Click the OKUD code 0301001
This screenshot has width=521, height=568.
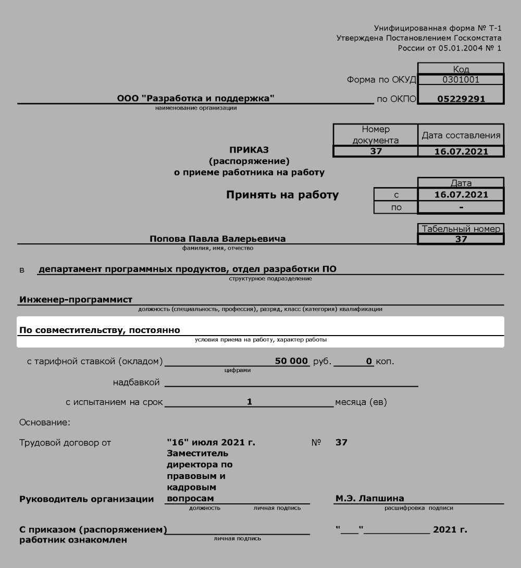point(461,80)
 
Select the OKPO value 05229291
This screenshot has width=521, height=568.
point(461,98)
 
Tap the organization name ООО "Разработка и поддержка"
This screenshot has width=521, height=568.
point(195,98)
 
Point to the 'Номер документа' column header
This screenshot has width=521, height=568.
point(375,134)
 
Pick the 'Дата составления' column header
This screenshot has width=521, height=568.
point(461,135)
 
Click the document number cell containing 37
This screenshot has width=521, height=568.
point(375,152)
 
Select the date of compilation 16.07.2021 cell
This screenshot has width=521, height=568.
point(461,152)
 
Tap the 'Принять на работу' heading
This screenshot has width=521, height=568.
point(282,195)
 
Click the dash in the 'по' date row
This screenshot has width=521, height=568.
point(461,207)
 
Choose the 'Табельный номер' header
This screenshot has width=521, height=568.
point(461,229)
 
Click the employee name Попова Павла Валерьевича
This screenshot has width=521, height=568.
point(217,239)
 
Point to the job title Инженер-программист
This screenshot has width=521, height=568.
point(76,300)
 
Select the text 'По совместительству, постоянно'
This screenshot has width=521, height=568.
point(100,330)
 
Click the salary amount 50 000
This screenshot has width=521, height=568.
point(292,361)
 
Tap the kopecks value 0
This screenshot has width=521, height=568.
point(368,361)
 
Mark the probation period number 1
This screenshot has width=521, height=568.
point(249,402)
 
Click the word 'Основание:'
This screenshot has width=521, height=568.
point(44,422)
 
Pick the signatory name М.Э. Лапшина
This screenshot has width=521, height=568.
point(369,499)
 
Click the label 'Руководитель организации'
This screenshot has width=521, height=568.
point(86,499)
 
